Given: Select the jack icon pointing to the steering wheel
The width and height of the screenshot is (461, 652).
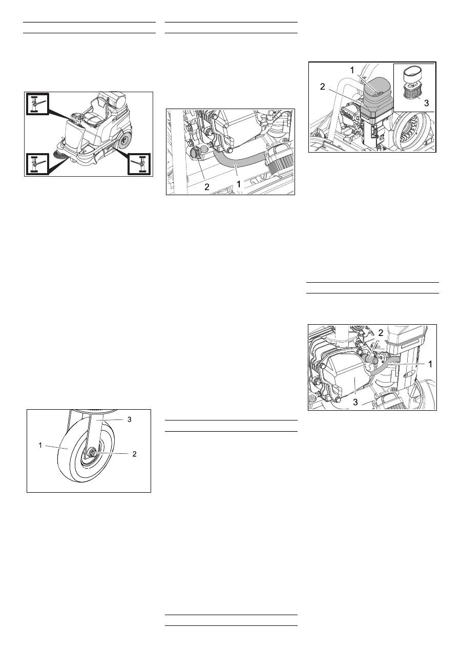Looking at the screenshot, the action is [x=36, y=104].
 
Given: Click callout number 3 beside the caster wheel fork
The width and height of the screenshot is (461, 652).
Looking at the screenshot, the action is [x=130, y=419].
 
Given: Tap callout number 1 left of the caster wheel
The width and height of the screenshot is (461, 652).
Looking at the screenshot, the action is [x=40, y=445].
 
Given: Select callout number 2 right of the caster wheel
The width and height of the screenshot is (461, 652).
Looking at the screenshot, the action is [x=134, y=454].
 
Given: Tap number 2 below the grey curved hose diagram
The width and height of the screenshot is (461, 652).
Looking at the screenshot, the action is [x=207, y=187].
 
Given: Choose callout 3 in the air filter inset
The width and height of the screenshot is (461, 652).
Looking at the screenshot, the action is [x=426, y=103].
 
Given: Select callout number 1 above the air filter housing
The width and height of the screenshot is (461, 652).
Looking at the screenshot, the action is [x=352, y=70].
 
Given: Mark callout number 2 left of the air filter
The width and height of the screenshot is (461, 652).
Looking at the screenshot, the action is [x=323, y=87].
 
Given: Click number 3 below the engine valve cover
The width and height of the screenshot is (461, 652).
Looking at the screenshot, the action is [x=355, y=402].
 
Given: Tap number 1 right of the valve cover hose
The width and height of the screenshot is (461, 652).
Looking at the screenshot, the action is [x=431, y=364].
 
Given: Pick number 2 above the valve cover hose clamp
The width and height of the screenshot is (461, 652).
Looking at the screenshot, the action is [x=381, y=333].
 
